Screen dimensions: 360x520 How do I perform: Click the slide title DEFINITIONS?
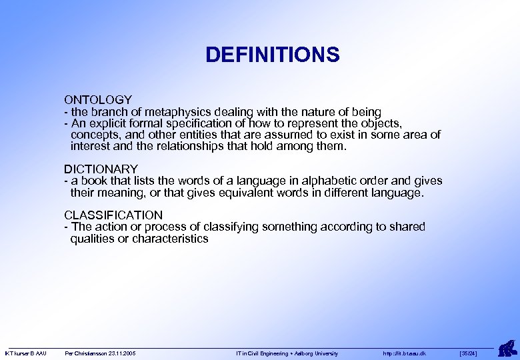click(x=272, y=55)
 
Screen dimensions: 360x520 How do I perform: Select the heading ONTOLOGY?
click(x=98, y=99)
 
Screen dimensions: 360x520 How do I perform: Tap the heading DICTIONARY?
click(x=101, y=169)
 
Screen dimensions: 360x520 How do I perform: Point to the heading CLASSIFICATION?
click(x=113, y=215)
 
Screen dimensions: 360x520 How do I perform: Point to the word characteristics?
click(x=170, y=239)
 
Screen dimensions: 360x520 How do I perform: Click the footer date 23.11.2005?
click(x=121, y=353)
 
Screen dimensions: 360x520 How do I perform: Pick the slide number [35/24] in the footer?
click(x=468, y=353)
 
